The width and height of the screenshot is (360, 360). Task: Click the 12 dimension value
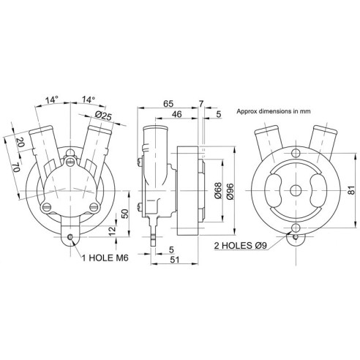pos(112,230)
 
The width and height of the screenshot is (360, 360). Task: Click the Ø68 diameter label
pos(217,192)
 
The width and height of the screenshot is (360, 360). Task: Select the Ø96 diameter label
pos(229,192)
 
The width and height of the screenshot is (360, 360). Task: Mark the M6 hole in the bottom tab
pos(70,236)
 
